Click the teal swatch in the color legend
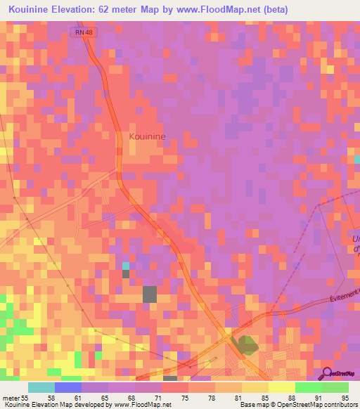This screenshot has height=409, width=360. (x=41, y=387)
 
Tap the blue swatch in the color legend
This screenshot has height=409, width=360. (x=68, y=387)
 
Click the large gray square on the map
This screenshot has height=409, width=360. (x=150, y=294)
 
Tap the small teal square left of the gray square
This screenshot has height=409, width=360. (x=126, y=266)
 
